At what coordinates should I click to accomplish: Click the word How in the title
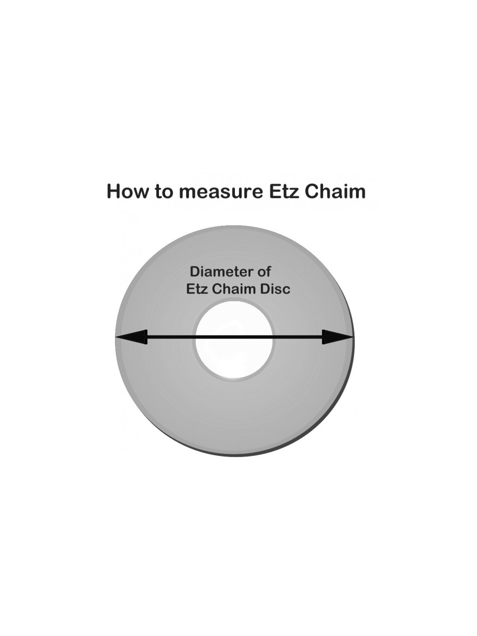pyautogui.click(x=128, y=191)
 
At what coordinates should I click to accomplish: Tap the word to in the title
pyautogui.click(x=164, y=192)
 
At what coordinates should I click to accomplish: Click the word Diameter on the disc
pyautogui.click(x=221, y=272)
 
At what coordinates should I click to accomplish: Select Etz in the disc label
pyautogui.click(x=197, y=289)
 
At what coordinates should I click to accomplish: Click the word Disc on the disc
pyautogui.click(x=275, y=289)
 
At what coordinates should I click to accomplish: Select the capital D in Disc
pyautogui.click(x=265, y=289)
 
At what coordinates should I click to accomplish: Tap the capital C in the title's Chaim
pyautogui.click(x=312, y=191)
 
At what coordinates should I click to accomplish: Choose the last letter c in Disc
pyautogui.click(x=286, y=290)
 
